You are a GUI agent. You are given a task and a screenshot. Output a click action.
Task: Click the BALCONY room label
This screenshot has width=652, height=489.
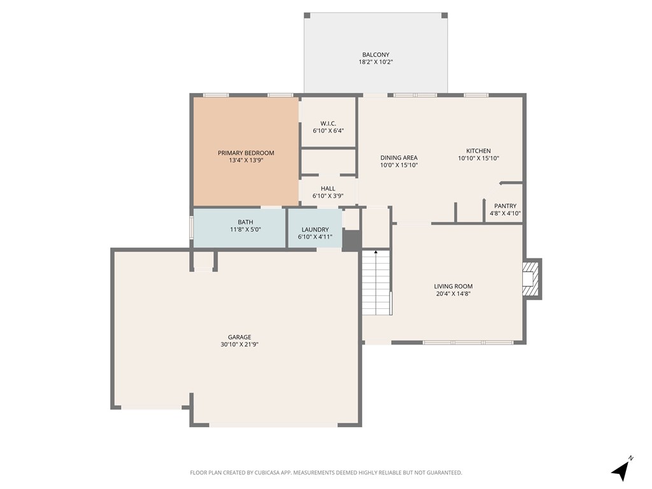tap(376, 55)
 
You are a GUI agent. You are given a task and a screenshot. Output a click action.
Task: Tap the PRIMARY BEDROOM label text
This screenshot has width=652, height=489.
tap(246, 153)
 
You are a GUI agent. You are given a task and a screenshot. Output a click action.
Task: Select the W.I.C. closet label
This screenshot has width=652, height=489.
tap(328, 123)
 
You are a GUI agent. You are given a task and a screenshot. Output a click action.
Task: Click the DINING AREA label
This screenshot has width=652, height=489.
tap(399, 158)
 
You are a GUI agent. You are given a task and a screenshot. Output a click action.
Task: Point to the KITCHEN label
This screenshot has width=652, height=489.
tap(478, 151)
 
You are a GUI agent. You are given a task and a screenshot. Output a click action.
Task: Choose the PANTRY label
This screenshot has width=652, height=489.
tap(505, 206)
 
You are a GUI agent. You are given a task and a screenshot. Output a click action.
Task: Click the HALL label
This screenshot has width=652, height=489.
tap(328, 188)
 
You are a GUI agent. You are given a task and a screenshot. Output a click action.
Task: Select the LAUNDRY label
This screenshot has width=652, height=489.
tap(315, 229)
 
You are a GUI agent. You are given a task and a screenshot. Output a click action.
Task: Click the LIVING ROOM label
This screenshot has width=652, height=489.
tap(453, 287)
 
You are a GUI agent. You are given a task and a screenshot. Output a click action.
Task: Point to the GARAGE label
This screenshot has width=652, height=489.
tap(239, 337)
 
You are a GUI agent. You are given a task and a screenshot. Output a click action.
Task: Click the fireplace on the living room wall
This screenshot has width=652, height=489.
tap(530, 279)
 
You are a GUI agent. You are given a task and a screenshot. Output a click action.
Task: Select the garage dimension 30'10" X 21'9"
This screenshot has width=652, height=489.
tap(239, 344)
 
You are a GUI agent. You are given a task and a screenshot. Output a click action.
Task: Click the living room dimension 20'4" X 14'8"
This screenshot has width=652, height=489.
tap(453, 294)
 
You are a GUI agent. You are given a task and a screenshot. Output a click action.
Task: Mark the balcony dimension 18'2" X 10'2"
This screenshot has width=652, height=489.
tap(376, 62)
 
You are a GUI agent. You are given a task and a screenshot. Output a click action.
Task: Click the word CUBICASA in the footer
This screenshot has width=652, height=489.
tap(260, 472)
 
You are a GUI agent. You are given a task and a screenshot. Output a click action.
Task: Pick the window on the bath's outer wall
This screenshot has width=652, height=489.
tap(191, 228)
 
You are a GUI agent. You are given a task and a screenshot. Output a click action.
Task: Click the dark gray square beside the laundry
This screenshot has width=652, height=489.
tap(351, 240)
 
